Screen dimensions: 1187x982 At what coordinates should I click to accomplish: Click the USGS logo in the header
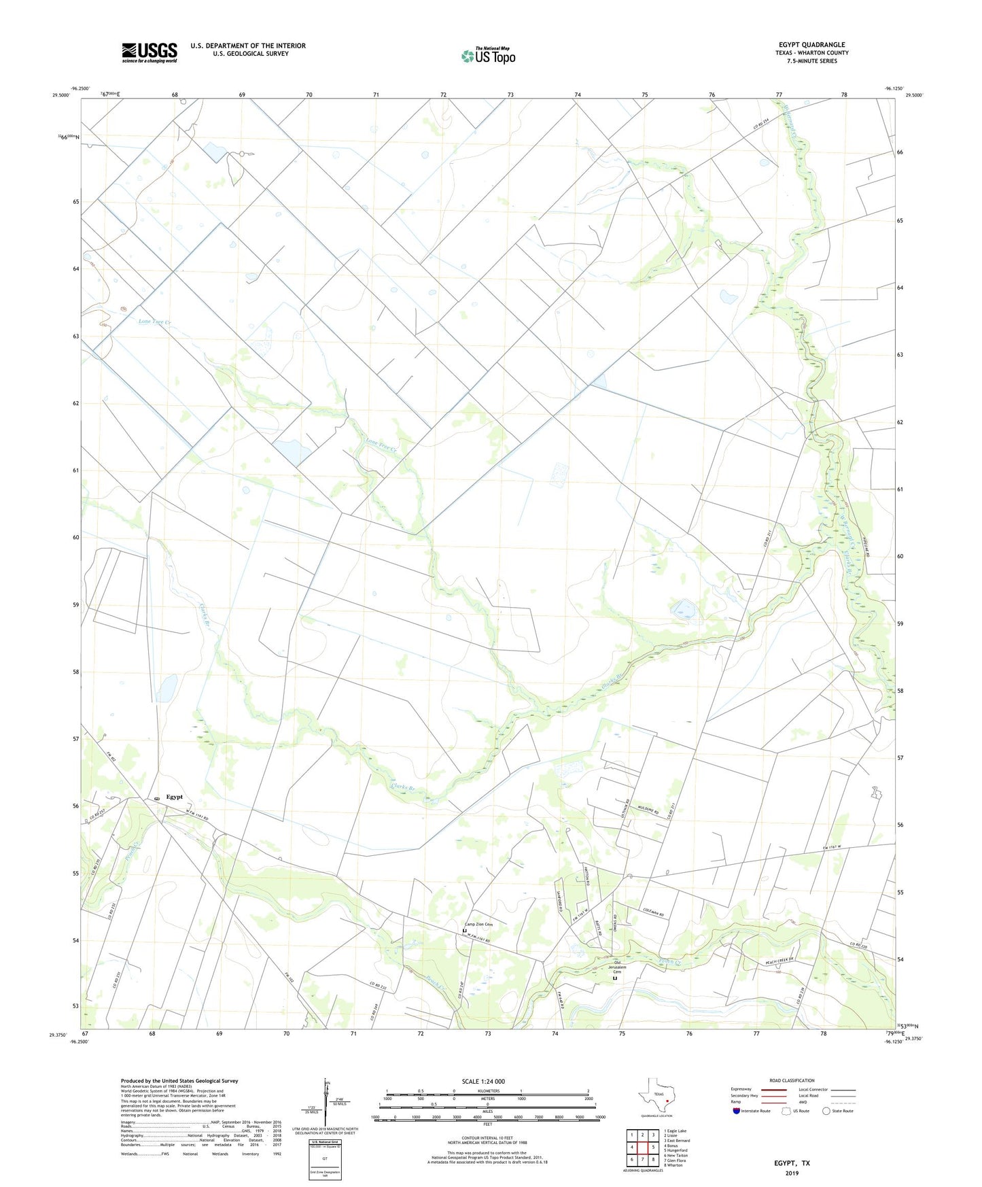click(x=150, y=52)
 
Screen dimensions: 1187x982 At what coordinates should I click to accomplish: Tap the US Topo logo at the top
click(x=488, y=56)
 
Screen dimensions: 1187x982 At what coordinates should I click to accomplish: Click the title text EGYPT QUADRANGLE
click(x=811, y=45)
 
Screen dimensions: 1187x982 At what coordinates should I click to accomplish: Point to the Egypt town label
click(x=175, y=797)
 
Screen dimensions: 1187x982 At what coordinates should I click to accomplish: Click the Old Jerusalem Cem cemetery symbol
click(x=615, y=979)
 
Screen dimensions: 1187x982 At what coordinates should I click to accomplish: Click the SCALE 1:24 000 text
click(x=483, y=1082)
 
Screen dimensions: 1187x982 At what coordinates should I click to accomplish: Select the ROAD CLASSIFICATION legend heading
click(x=792, y=1080)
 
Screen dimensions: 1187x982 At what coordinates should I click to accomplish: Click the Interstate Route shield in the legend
click(x=736, y=1111)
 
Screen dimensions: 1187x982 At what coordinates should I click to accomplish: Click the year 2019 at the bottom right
click(x=792, y=1173)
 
